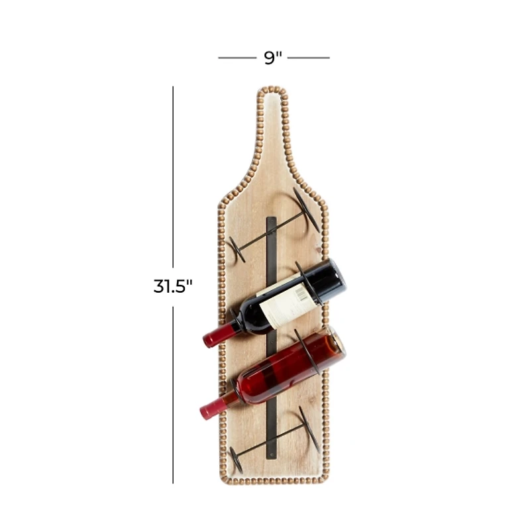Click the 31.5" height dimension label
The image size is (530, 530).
point(173,286)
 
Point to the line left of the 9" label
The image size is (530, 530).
point(237,58)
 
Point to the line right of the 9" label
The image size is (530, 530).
point(308,58)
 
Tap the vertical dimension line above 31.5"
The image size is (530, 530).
point(173,179)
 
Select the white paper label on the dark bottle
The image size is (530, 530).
point(286,304)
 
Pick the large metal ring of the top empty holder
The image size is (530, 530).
point(305,209)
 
